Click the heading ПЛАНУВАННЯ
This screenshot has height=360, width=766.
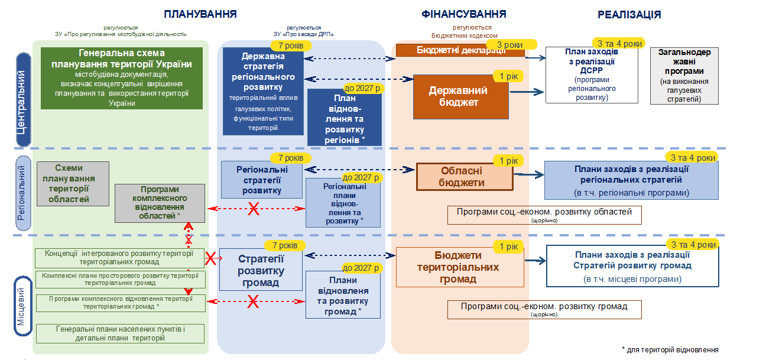pyautogui.click(x=201, y=14)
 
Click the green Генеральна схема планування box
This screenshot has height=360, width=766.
pyautogui.click(x=122, y=78)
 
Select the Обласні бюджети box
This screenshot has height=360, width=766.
pyautogui.click(x=465, y=177)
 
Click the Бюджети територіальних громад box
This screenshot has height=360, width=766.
pyautogui.click(x=459, y=267)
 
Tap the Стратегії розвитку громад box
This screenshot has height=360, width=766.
pyautogui.click(x=261, y=270)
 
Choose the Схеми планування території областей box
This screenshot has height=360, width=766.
pyautogui.click(x=73, y=183)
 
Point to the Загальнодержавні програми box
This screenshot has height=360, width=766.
pyautogui.click(x=684, y=76)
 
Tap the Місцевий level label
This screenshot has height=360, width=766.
pyautogui.click(x=22, y=306)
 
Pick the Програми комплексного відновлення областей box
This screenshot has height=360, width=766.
pyautogui.click(x=160, y=203)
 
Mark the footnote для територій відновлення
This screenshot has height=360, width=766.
pyautogui.click(x=670, y=349)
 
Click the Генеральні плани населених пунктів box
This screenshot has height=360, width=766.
pyautogui.click(x=120, y=333)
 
